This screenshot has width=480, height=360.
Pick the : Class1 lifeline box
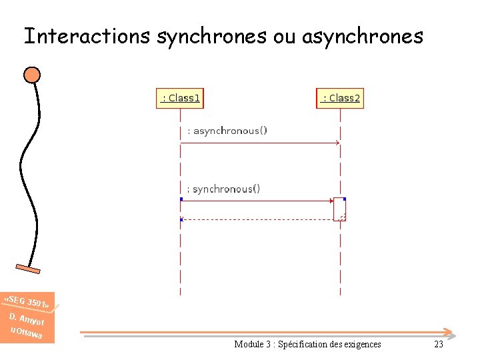click(180, 98)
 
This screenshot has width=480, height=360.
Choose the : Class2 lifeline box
click(340, 98)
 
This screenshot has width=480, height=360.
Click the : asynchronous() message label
click(227, 131)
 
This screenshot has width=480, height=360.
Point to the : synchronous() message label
click(223, 189)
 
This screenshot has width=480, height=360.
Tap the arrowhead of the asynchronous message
click(337, 143)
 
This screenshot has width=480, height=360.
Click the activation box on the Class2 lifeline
click(340, 209)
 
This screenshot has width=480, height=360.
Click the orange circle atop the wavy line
click(32, 74)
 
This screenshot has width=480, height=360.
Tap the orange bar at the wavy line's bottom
click(29, 269)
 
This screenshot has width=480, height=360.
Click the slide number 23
click(438, 344)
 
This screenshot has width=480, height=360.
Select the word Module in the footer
click(249, 344)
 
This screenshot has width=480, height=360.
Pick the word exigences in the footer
click(361, 344)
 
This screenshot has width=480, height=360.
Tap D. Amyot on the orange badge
click(26, 318)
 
